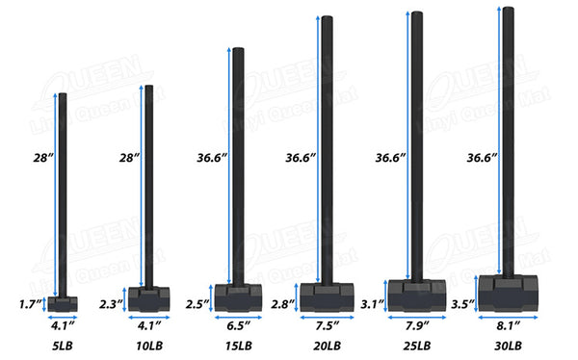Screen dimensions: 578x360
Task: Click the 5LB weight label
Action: click(x=63, y=346)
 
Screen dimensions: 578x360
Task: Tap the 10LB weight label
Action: click(x=149, y=346)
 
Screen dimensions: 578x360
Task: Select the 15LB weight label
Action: click(x=239, y=346)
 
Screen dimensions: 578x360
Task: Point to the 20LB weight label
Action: click(x=328, y=346)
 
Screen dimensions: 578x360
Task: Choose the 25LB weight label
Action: click(x=417, y=346)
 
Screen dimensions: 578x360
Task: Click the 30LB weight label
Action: click(x=508, y=346)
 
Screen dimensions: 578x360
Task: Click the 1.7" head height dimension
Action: click(x=31, y=304)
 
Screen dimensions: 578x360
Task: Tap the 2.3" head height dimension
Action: click(x=111, y=304)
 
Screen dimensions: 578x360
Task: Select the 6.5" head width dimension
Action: click(x=238, y=325)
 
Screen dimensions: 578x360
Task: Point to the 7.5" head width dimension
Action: click(x=327, y=325)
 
